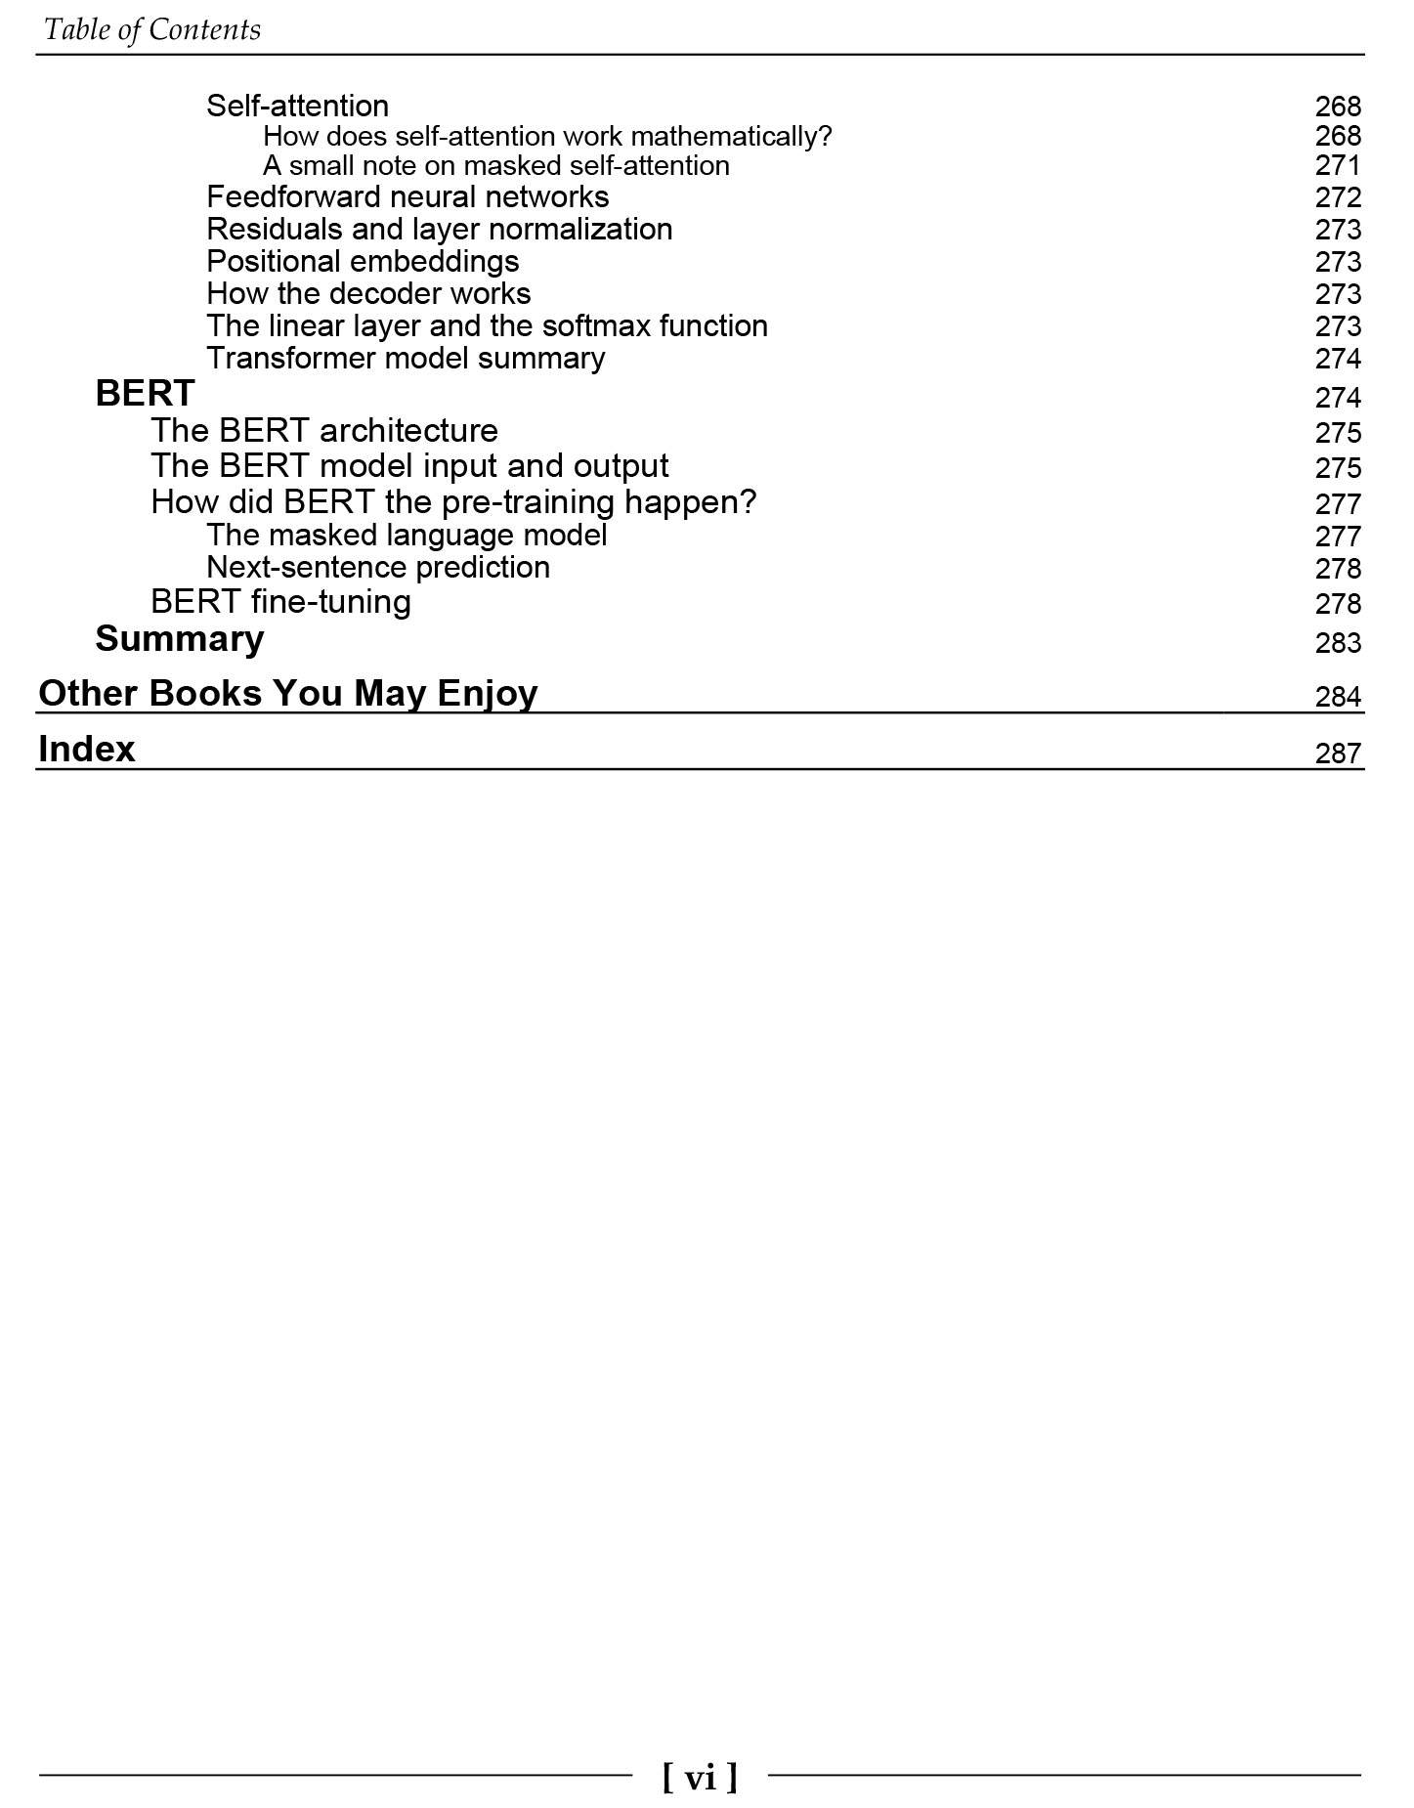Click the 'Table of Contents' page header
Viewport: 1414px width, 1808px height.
point(152,30)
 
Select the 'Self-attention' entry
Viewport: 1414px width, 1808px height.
point(297,106)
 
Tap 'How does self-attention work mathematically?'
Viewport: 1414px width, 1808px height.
point(547,136)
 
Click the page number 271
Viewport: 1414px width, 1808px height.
point(1337,166)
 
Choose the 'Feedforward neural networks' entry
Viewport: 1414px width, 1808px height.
point(407,197)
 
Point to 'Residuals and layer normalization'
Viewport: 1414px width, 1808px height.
point(440,230)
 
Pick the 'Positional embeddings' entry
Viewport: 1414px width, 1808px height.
point(363,262)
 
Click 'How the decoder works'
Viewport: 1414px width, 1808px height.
point(368,294)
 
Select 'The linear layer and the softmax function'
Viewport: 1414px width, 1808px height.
point(487,326)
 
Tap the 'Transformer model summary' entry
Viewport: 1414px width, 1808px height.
point(406,359)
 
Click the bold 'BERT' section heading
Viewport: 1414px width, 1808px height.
point(145,394)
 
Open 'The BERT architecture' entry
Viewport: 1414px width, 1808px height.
point(324,431)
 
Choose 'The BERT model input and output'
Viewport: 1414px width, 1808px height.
point(409,466)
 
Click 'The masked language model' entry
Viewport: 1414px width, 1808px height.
point(407,536)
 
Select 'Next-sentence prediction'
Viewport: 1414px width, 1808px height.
point(378,568)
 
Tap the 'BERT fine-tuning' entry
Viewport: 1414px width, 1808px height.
point(280,602)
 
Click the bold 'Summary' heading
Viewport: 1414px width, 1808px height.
point(180,639)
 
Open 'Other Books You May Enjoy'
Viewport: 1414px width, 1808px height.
point(287,694)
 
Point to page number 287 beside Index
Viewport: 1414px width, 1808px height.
point(1337,753)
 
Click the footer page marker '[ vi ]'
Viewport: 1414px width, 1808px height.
point(700,1776)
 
